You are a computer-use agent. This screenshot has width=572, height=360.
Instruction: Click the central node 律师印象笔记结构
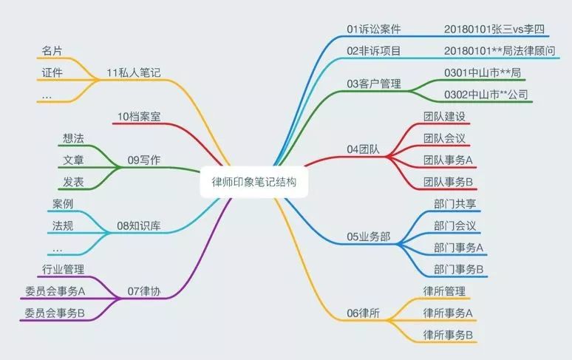tap(254, 182)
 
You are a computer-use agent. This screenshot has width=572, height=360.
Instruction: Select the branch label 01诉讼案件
tap(373, 29)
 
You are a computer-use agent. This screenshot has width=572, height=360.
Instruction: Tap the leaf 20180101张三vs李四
tap(494, 29)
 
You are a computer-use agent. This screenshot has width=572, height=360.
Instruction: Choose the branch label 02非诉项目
tap(373, 51)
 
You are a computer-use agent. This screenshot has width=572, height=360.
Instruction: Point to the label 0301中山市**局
tap(483, 73)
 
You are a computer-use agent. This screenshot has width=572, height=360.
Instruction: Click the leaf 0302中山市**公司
tap(486, 95)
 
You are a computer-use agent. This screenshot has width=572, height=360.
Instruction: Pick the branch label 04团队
tap(363, 149)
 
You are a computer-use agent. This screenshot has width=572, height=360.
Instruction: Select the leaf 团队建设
tap(444, 117)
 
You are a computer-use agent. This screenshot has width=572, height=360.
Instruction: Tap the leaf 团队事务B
tap(448, 182)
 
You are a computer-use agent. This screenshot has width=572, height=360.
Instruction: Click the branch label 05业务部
tap(369, 237)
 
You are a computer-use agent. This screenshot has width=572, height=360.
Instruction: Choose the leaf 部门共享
tap(455, 204)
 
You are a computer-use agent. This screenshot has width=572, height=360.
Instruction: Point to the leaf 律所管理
tap(444, 291)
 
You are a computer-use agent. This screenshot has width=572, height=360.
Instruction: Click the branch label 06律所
tap(363, 313)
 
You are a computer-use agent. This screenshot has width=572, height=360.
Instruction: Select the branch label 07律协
tap(143, 291)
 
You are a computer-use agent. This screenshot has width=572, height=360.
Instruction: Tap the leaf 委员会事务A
tap(55, 291)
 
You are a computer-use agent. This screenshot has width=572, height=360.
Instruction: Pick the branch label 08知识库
tap(139, 225)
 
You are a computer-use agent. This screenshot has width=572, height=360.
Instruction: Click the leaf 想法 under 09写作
tap(73, 138)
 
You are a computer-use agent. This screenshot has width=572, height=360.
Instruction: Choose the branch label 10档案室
tap(139, 117)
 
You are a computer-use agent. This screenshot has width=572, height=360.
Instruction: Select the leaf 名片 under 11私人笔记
tap(52, 51)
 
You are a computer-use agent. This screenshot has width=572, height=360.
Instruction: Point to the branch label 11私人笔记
tap(134, 73)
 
